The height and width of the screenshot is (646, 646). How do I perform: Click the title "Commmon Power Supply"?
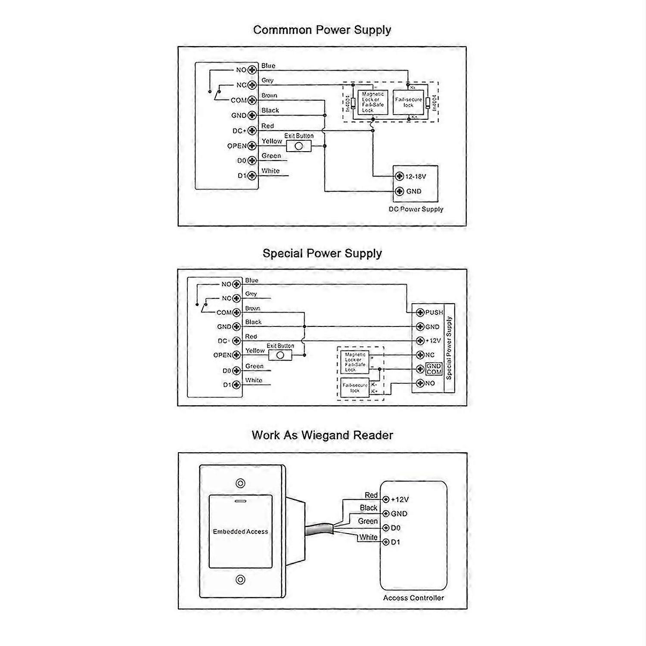pyautogui.click(x=322, y=30)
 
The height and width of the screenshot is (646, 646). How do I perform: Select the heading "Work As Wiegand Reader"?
pyautogui.click(x=322, y=435)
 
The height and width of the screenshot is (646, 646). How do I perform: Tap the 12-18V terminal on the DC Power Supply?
pyautogui.click(x=400, y=176)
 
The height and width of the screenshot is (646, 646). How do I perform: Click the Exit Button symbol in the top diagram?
pyautogui.click(x=298, y=146)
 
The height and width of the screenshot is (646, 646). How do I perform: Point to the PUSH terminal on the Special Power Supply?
pyautogui.click(x=420, y=312)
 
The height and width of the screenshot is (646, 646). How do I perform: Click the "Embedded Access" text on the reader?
pyautogui.click(x=240, y=531)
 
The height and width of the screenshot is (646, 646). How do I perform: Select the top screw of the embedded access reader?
pyautogui.click(x=240, y=483)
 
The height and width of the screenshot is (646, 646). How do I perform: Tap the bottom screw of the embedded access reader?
pyautogui.click(x=240, y=580)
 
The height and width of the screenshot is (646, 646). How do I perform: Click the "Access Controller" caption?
pyautogui.click(x=413, y=598)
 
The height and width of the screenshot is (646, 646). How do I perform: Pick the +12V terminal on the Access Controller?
pyautogui.click(x=386, y=500)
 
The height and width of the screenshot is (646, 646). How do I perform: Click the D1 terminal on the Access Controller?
pyautogui.click(x=386, y=542)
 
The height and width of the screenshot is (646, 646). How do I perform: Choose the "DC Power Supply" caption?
pyautogui.click(x=416, y=209)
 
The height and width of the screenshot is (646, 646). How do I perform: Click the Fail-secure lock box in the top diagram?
pyautogui.click(x=408, y=102)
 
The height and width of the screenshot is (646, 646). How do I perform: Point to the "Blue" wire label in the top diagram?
pyautogui.click(x=268, y=65)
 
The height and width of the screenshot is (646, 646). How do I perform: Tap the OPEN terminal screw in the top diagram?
pyautogui.click(x=252, y=146)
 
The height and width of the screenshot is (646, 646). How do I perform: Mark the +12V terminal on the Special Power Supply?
pyautogui.click(x=420, y=341)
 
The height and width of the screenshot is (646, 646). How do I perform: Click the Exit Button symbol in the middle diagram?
pyautogui.click(x=280, y=355)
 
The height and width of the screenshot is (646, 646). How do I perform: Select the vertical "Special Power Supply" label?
pyautogui.click(x=449, y=348)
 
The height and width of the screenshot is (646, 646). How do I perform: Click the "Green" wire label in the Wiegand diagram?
pyautogui.click(x=368, y=521)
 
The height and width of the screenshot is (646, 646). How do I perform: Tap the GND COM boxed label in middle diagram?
pyautogui.click(x=434, y=369)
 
